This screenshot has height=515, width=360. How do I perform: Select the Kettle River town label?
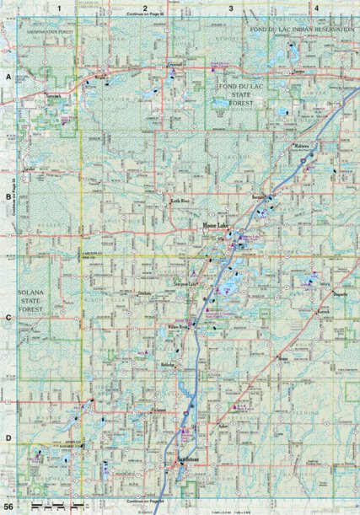pos(182,202)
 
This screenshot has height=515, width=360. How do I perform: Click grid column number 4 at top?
pos(315,7)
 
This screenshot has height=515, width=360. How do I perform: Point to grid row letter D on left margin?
pos(8,437)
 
